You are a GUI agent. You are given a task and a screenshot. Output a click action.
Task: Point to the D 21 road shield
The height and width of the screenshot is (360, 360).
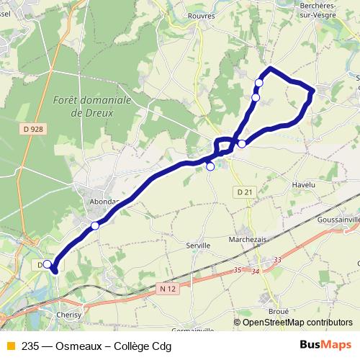click(245, 191)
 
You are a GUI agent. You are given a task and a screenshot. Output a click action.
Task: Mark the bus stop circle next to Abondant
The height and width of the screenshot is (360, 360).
click(95, 226)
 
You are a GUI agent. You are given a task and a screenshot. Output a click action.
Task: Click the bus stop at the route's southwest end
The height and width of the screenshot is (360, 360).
click(48, 264)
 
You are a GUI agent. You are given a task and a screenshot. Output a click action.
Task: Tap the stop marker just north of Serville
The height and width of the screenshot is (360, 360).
click(210, 166)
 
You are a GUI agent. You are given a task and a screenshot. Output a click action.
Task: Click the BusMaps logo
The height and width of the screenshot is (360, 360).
click(326, 346)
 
